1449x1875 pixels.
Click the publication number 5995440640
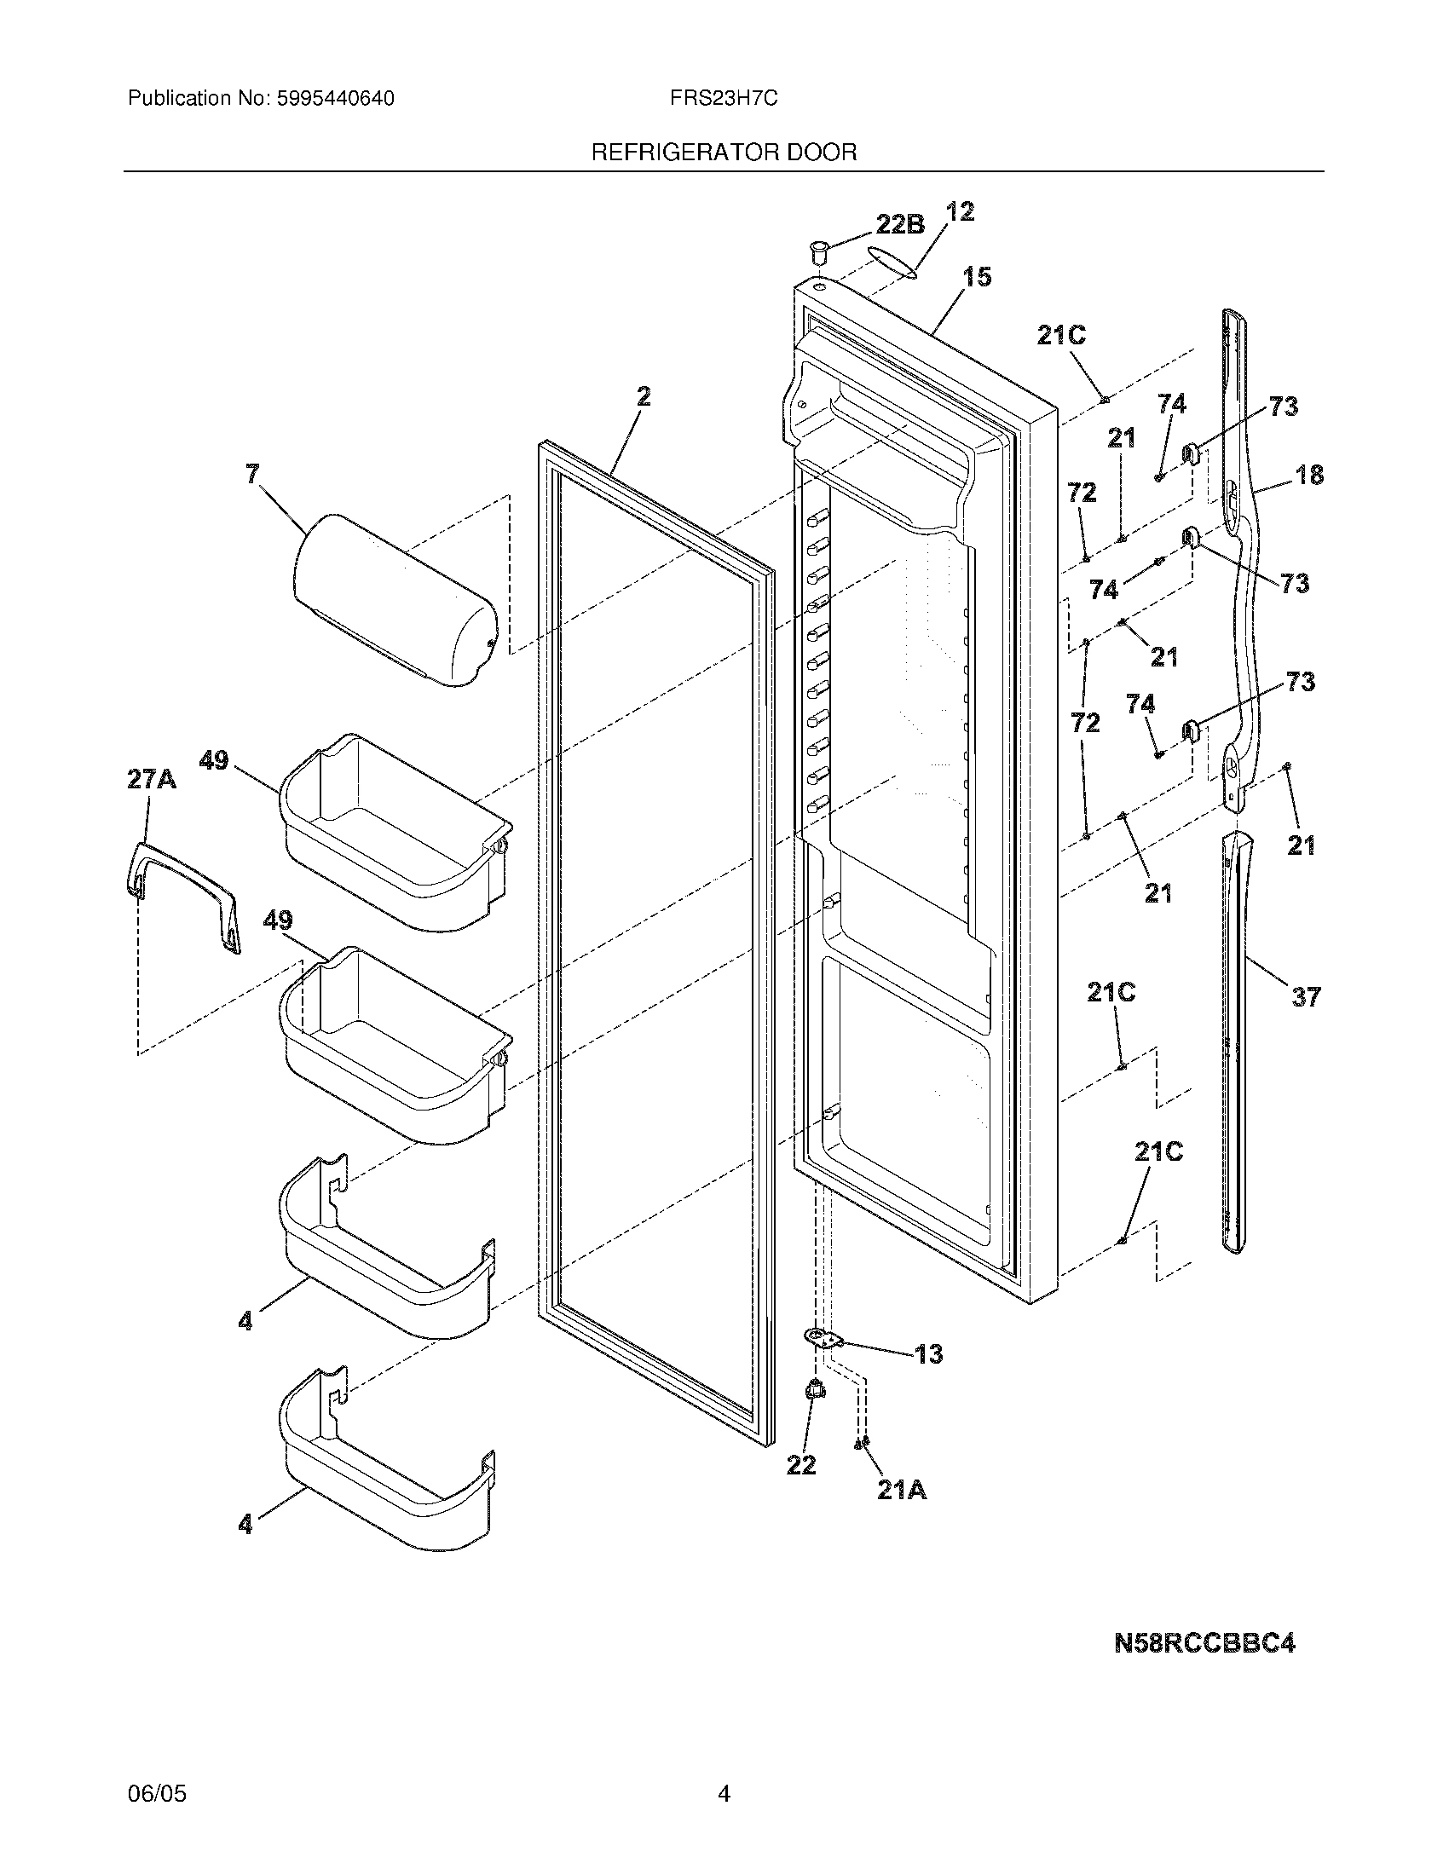coord(336,99)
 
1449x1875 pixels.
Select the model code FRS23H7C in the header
coord(724,99)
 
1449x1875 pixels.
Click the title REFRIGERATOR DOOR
coord(724,153)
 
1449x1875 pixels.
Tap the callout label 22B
coord(899,224)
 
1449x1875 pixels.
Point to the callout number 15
coord(976,276)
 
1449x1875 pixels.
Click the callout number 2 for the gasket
coord(643,396)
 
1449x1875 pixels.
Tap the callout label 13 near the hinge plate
coord(929,1354)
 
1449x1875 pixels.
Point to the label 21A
coord(901,1491)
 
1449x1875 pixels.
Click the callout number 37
coord(1305,997)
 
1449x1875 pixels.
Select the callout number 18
coord(1309,474)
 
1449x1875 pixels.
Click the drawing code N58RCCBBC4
coord(1204,1643)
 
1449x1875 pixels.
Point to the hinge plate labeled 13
coord(824,1337)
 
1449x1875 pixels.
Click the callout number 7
coord(251,473)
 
